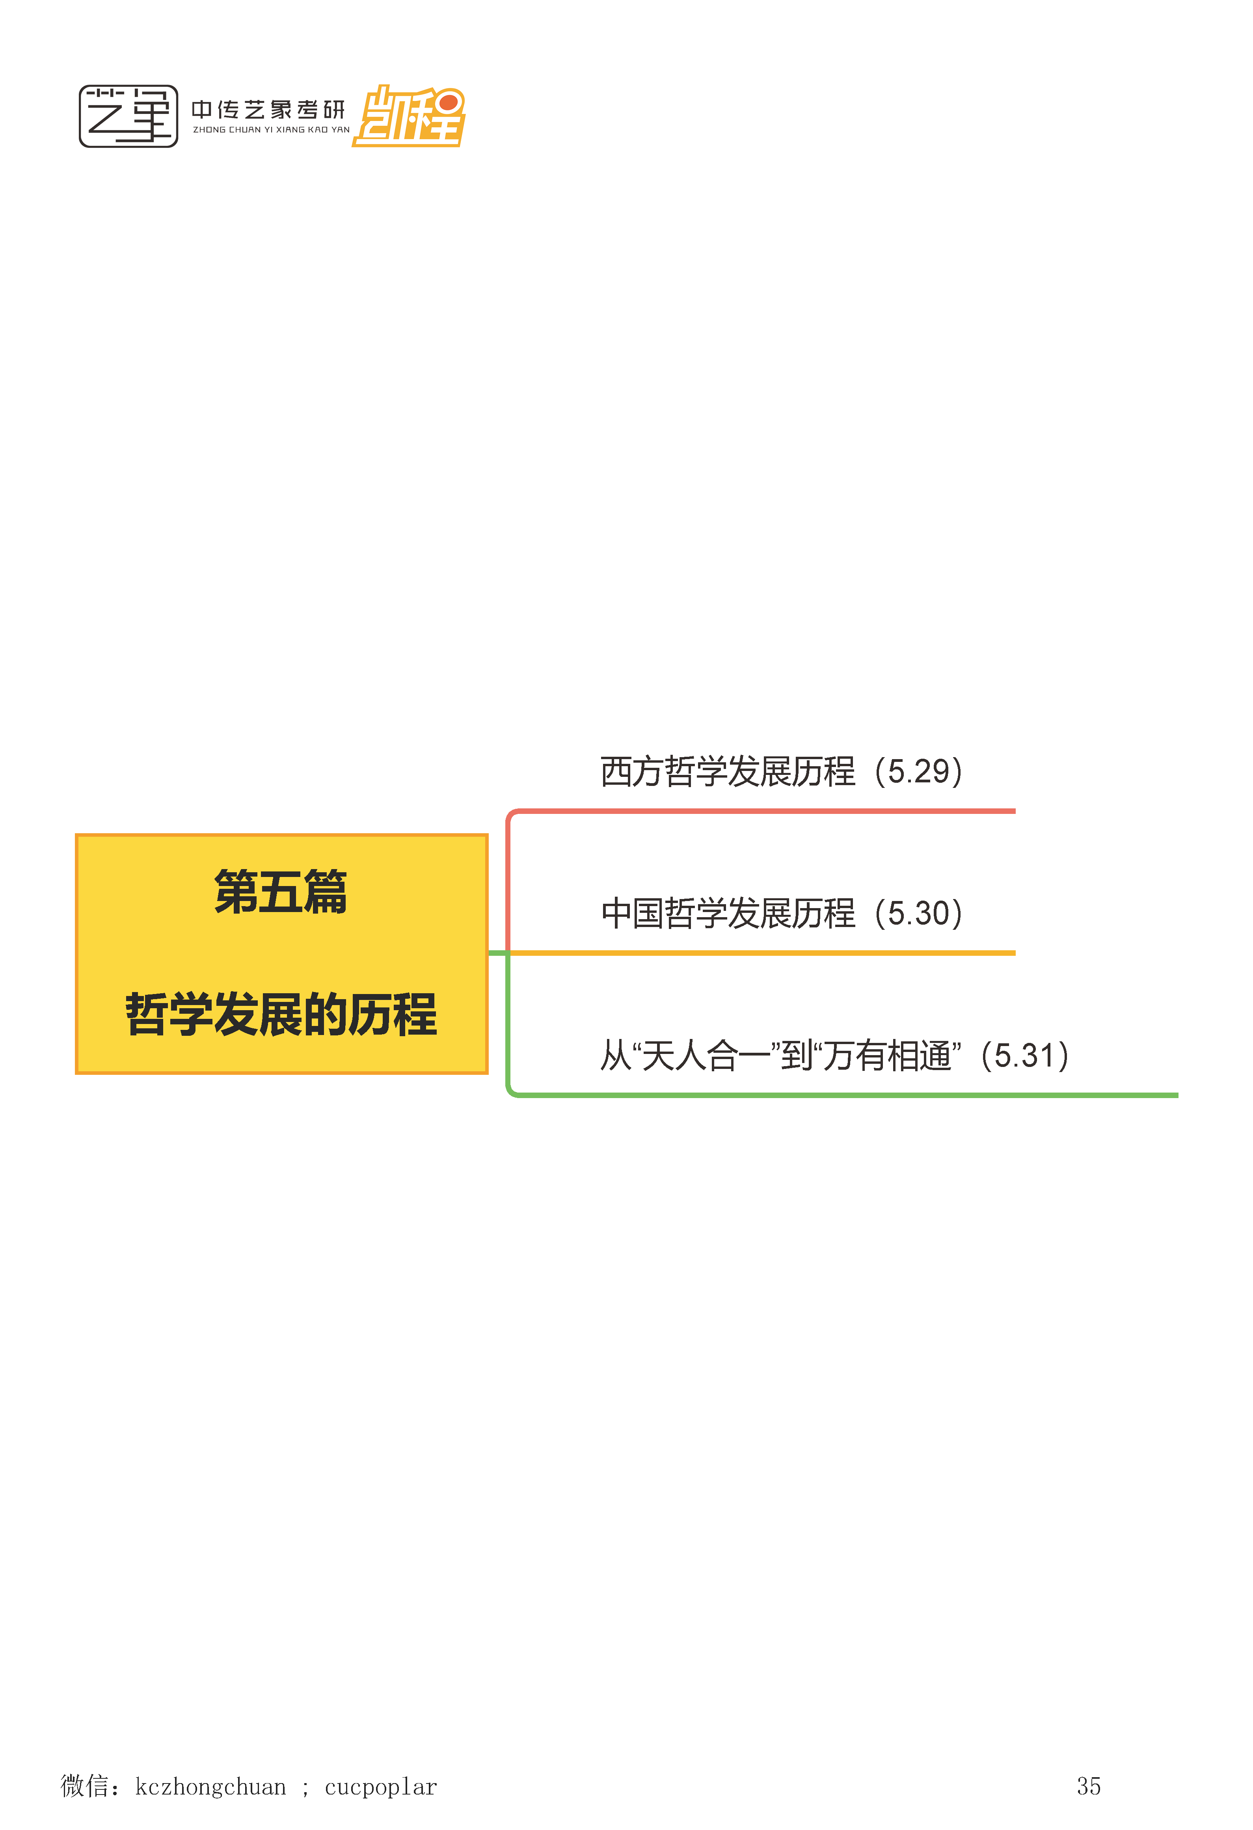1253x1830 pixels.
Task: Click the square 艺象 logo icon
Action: tap(128, 117)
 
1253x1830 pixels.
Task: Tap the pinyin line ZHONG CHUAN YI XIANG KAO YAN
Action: tap(271, 130)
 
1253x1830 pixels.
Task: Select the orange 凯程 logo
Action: tap(410, 117)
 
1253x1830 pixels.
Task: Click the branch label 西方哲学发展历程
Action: tap(727, 772)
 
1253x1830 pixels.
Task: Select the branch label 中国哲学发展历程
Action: tap(727, 914)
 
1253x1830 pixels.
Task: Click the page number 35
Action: tap(1088, 1786)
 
